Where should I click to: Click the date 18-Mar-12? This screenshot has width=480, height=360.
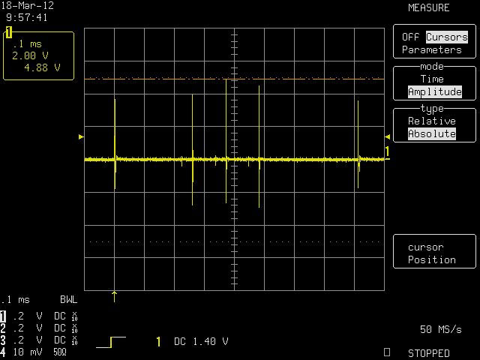pyautogui.click(x=28, y=5)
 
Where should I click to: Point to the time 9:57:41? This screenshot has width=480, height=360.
pyautogui.click(x=27, y=17)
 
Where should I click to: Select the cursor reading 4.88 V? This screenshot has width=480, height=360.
pyautogui.click(x=42, y=67)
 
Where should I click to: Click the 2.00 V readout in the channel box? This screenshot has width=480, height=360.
pyautogui.click(x=30, y=55)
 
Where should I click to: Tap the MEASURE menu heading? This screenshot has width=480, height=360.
pyautogui.click(x=428, y=7)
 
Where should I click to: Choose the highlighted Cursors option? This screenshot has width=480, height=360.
pyautogui.click(x=447, y=37)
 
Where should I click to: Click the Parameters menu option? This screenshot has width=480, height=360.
pyautogui.click(x=432, y=49)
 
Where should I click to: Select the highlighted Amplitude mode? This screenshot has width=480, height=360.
pyautogui.click(x=435, y=91)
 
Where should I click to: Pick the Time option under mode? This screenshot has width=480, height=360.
pyautogui.click(x=432, y=79)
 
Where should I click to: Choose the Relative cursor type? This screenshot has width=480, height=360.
pyautogui.click(x=432, y=121)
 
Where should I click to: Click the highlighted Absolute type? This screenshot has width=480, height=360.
pyautogui.click(x=432, y=133)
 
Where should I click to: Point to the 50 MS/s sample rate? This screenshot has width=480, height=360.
pyautogui.click(x=440, y=329)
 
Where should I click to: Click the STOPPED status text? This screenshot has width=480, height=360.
pyautogui.click(x=428, y=353)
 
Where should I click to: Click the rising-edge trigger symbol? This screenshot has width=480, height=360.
pyautogui.click(x=111, y=342)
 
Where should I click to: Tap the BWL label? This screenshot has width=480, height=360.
pyautogui.click(x=68, y=299)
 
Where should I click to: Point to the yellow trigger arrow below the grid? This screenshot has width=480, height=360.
pyautogui.click(x=114, y=297)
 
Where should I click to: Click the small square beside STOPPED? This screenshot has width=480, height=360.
pyautogui.click(x=387, y=352)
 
